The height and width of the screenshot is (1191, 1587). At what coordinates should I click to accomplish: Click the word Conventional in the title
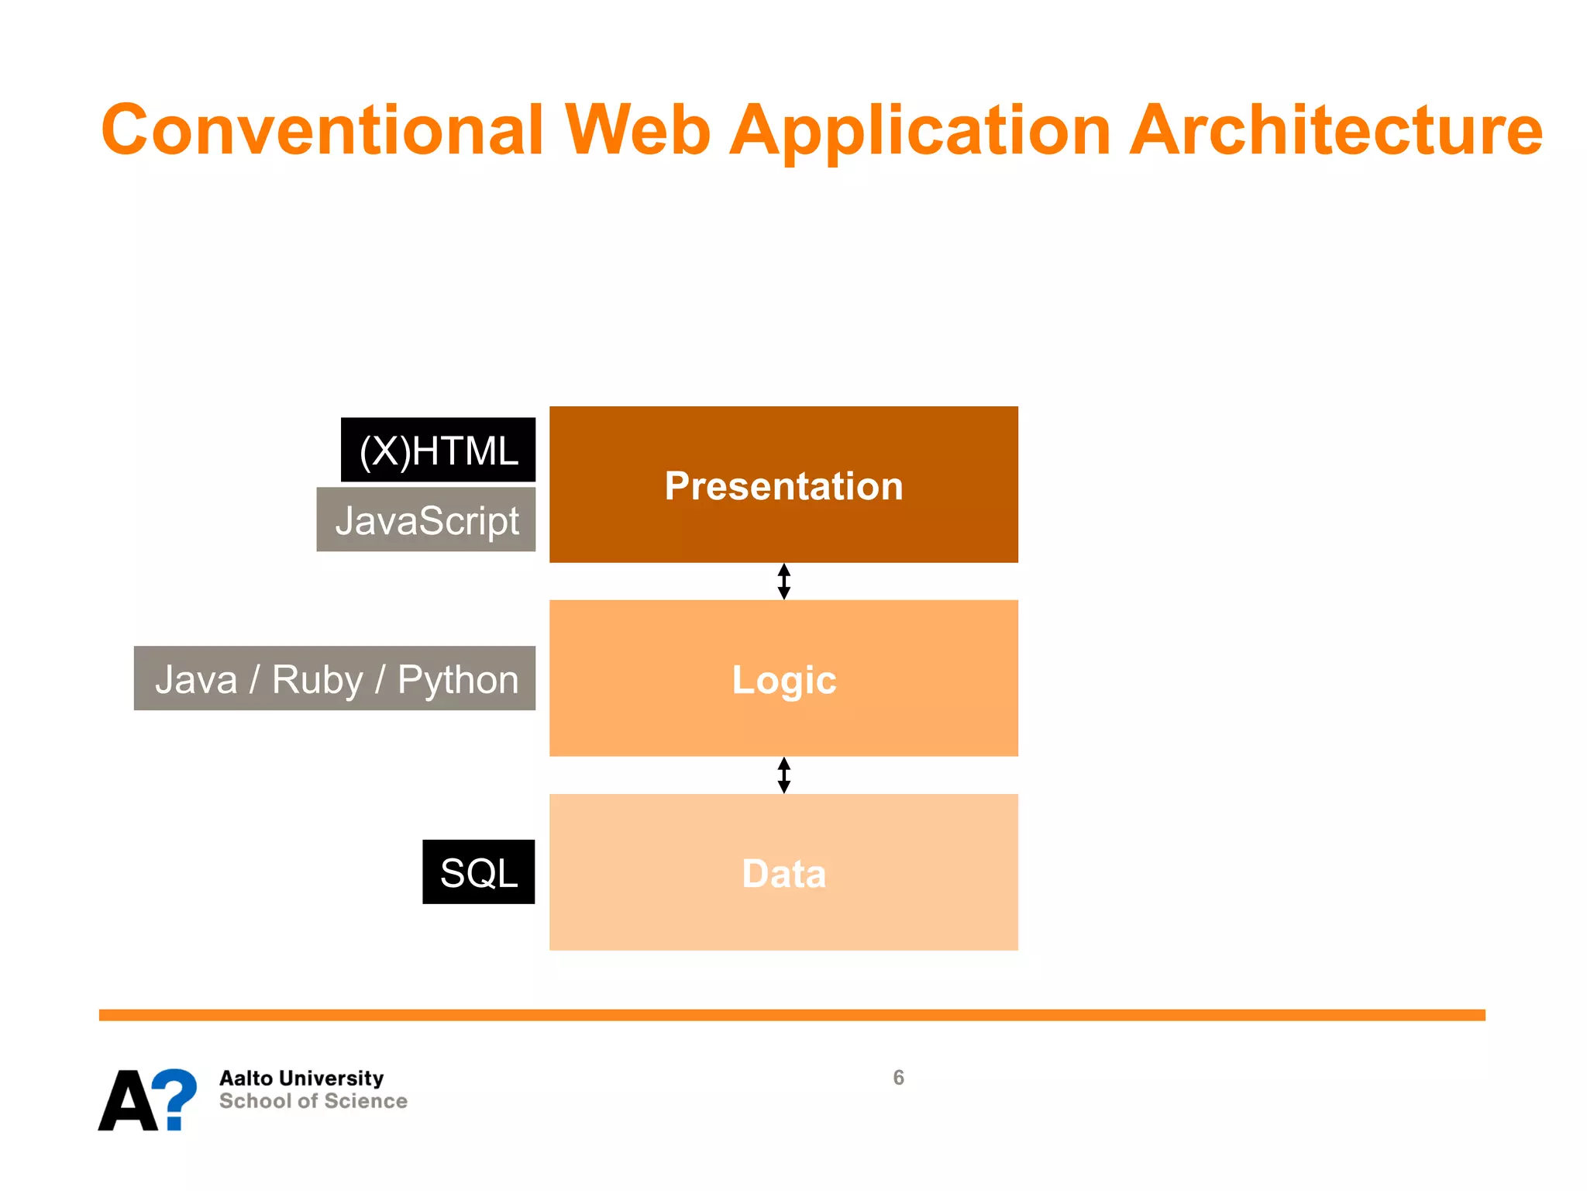(322, 129)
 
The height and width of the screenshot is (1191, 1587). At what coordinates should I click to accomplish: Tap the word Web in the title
(637, 129)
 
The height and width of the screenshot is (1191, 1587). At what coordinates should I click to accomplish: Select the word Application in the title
(921, 129)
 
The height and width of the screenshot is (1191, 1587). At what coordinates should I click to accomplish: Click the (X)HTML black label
(438, 451)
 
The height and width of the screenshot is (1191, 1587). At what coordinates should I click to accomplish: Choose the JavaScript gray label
(426, 520)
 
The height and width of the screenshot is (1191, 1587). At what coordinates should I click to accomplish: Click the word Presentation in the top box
(783, 486)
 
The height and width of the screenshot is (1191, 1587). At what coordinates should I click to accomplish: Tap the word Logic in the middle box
(783, 680)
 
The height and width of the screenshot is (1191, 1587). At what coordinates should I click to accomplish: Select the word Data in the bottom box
(783, 874)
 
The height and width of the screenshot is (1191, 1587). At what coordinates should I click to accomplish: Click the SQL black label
(478, 872)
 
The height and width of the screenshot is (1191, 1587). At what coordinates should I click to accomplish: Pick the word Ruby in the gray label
(317, 680)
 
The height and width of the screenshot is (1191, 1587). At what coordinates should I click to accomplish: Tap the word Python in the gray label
(457, 680)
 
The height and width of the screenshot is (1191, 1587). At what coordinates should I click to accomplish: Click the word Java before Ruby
(196, 680)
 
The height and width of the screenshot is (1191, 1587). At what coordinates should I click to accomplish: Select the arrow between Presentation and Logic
(783, 582)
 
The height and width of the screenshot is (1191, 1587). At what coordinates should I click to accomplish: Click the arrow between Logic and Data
(783, 775)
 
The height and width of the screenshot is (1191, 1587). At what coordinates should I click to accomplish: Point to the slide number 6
(898, 1078)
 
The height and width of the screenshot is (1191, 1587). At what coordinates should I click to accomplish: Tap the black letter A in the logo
(128, 1101)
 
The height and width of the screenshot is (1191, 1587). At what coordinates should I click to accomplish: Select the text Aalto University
(301, 1079)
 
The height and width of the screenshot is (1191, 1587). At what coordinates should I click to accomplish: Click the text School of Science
(313, 1101)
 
